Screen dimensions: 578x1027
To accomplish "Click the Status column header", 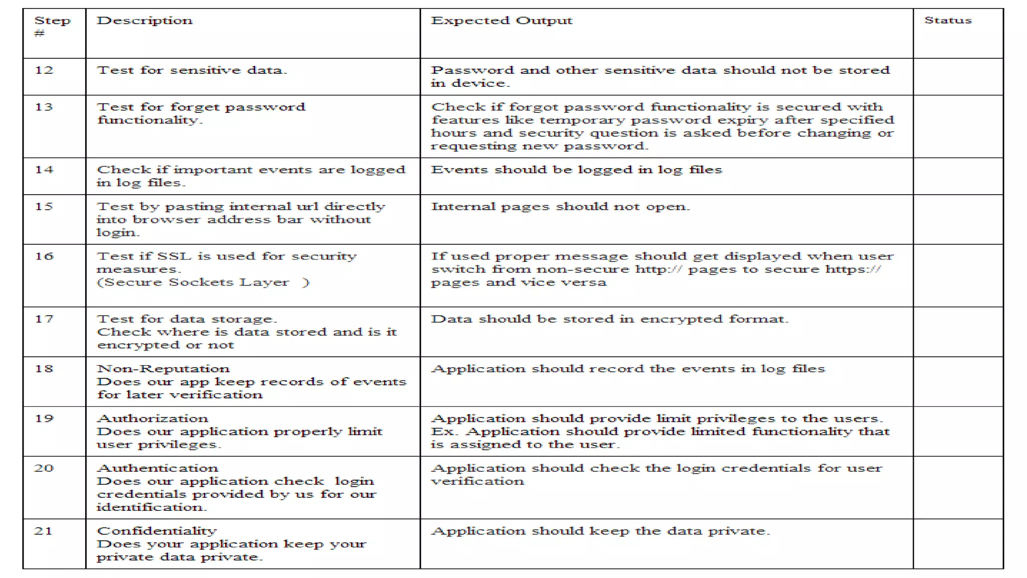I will click(948, 21).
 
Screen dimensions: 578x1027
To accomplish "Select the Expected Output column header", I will click(501, 21).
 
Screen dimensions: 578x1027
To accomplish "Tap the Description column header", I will click(144, 21).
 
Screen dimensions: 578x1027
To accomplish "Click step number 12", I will click(44, 70).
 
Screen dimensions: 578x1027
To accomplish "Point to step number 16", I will click(44, 256).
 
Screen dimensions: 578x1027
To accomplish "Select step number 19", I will click(44, 418).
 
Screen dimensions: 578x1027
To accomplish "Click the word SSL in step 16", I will click(174, 256).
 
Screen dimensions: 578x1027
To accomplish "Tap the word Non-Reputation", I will click(163, 369).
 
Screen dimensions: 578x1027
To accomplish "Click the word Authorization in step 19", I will click(152, 418).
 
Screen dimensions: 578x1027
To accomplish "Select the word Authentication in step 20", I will click(157, 468).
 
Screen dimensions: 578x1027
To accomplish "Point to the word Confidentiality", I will click(156, 531).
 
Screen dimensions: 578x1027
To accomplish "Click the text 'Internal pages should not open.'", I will click(561, 207).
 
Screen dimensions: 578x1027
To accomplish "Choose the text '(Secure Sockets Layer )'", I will click(203, 282).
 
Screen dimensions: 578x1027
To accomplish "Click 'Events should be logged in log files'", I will click(577, 170).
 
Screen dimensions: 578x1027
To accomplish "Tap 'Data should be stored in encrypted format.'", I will click(610, 319).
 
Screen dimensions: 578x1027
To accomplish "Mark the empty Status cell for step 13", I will click(958, 126).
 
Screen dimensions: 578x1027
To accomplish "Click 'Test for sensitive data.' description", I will click(192, 70).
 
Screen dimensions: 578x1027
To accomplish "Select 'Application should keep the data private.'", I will click(601, 531).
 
